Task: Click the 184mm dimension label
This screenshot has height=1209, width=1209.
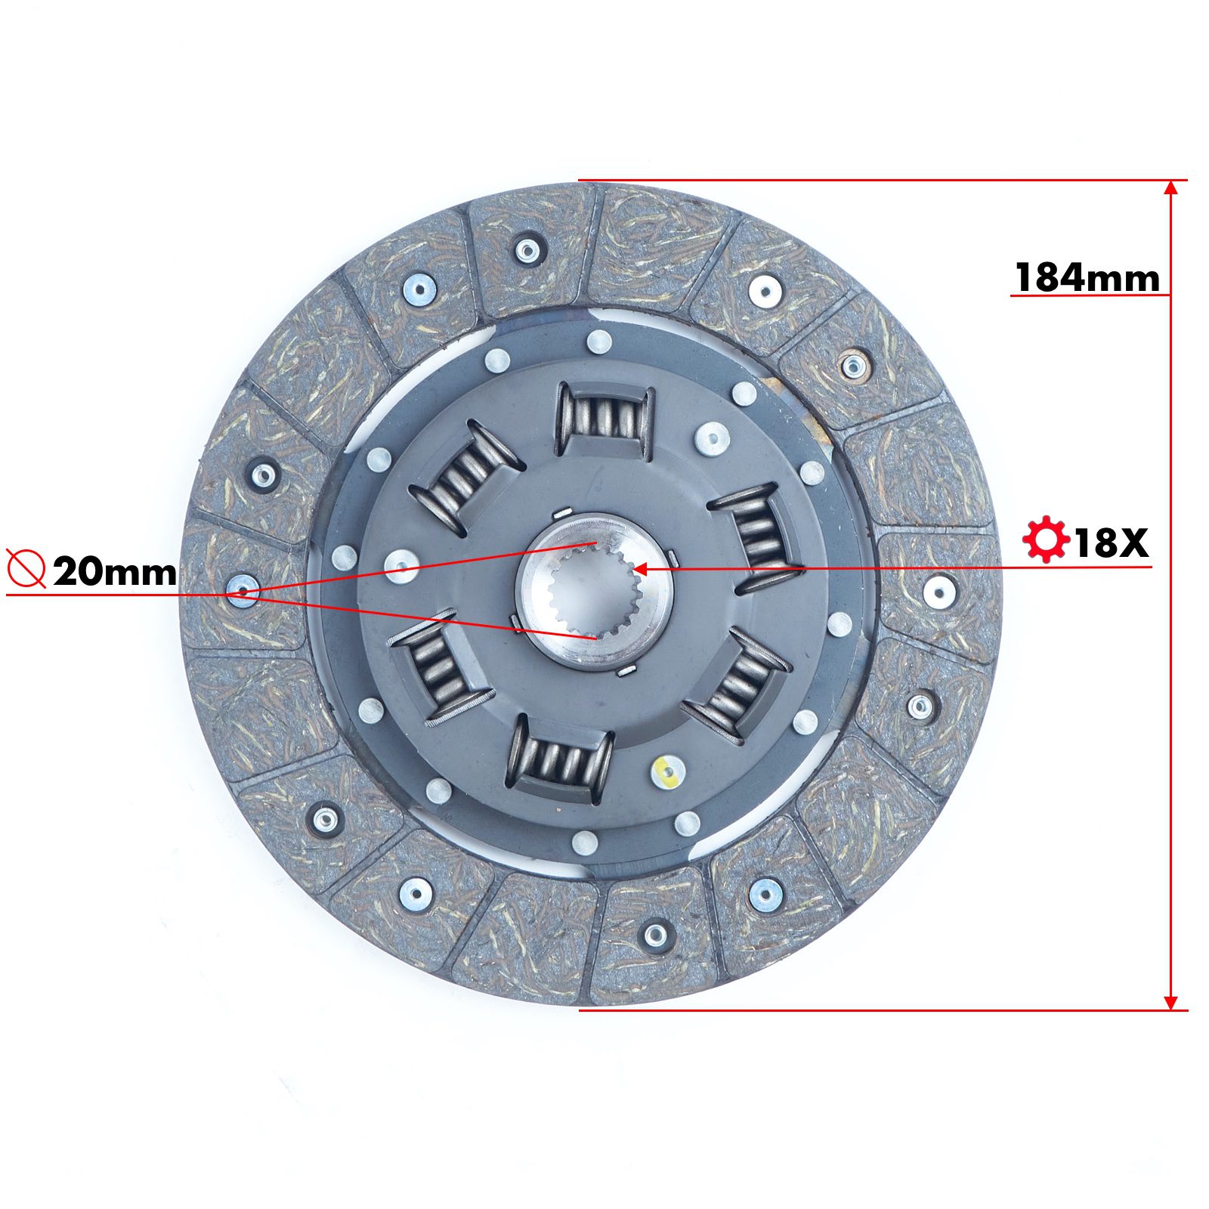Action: pyautogui.click(x=1087, y=277)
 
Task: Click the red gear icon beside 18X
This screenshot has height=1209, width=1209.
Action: pyautogui.click(x=1045, y=540)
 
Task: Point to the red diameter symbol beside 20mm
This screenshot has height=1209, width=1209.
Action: pyautogui.click(x=26, y=569)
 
